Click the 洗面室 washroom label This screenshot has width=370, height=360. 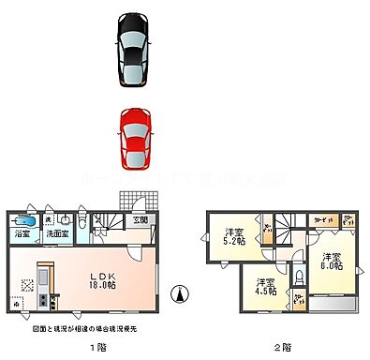pos(57,233)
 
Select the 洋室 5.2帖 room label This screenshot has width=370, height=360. pos(234,236)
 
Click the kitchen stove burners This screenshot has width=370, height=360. pos(43,302)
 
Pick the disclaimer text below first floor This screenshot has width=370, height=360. pos(91,327)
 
